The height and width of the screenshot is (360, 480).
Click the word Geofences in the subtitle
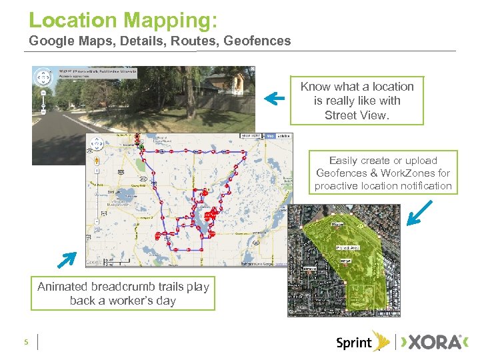click(257, 41)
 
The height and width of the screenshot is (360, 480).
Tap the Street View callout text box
click(357, 101)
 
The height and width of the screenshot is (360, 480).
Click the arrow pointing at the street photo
click(274, 99)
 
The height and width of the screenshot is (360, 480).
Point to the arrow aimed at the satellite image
click(421, 214)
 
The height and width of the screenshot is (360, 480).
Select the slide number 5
click(25, 343)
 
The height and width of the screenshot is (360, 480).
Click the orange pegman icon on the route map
click(96, 160)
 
